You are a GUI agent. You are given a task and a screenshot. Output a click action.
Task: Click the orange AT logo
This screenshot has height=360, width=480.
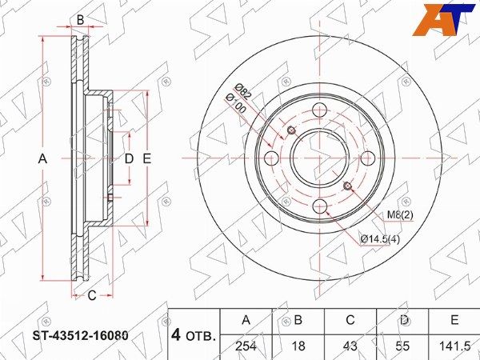(444, 19)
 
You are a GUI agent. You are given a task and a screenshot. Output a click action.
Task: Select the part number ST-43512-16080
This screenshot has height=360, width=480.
(81, 336)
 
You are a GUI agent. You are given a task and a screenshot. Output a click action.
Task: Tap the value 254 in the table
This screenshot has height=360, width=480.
(246, 346)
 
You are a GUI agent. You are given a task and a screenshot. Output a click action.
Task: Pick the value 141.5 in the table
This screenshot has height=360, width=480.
(454, 346)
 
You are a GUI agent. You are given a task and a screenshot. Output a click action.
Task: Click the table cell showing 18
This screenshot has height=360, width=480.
(298, 346)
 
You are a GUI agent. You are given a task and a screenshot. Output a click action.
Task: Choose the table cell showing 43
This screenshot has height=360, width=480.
(350, 346)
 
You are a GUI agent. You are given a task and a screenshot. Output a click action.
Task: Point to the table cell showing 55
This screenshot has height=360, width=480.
(402, 346)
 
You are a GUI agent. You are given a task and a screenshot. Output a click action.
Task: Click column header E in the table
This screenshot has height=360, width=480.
(454, 320)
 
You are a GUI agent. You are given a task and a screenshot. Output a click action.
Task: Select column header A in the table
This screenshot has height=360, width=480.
(246, 320)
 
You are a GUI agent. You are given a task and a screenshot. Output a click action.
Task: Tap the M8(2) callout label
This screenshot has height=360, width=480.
(400, 215)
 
